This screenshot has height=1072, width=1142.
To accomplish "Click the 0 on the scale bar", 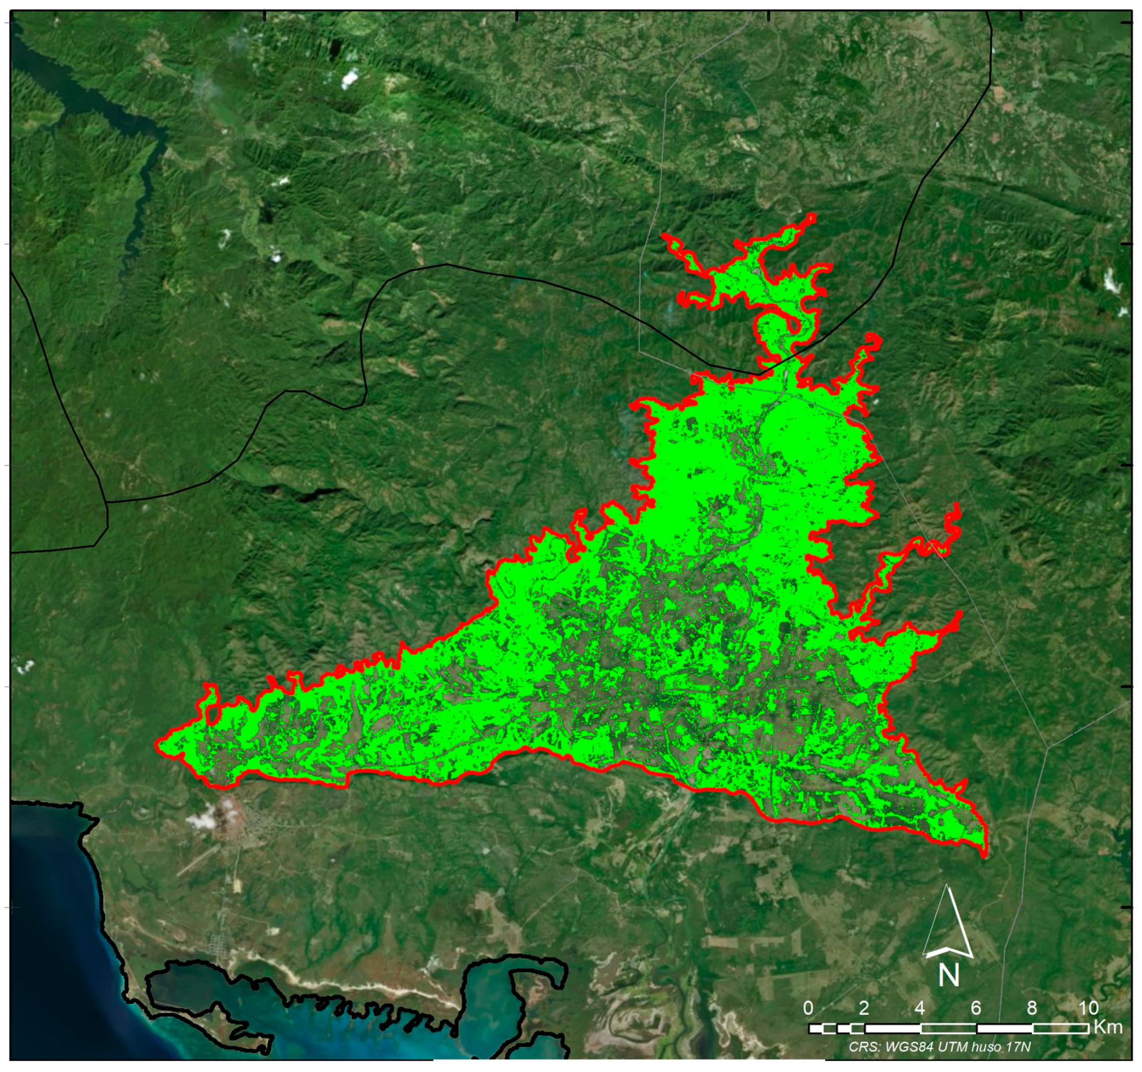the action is click(808, 1008).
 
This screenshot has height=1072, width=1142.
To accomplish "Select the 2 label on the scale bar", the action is click(864, 1008).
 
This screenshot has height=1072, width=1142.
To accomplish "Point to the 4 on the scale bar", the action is click(920, 1008).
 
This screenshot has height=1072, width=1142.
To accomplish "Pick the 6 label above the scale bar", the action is click(976, 1008).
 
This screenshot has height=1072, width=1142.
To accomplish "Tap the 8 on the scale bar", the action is click(1032, 1008).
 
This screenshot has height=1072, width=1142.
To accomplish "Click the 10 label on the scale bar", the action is click(1088, 1008).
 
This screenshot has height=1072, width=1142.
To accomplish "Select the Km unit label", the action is click(1108, 1026).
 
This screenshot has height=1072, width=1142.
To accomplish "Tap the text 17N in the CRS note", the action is click(1018, 1047).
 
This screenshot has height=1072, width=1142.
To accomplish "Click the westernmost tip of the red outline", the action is click(157, 745).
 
